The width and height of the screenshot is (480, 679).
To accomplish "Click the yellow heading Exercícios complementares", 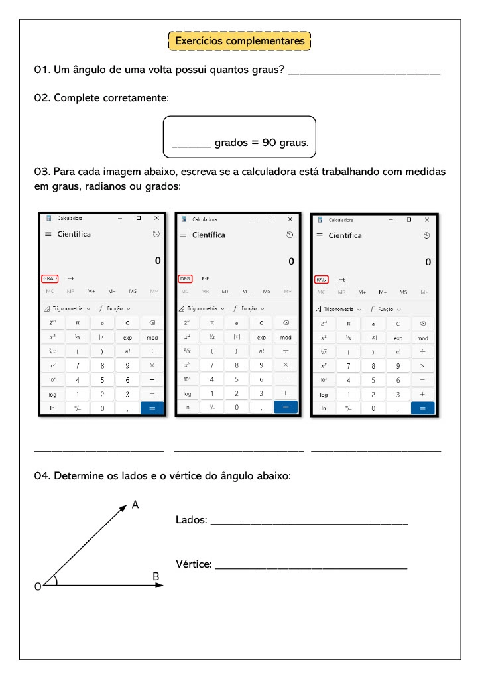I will pyautogui.click(x=239, y=41).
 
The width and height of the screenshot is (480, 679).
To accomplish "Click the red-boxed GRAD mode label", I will pyautogui.click(x=50, y=278).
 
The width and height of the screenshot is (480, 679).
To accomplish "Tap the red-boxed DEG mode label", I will pyautogui.click(x=186, y=279).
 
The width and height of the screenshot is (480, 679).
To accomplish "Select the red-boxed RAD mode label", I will pyautogui.click(x=322, y=280).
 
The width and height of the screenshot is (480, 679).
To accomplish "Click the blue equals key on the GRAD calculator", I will pyautogui.click(x=152, y=408).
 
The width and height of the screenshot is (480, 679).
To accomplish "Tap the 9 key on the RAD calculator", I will pyautogui.click(x=398, y=366).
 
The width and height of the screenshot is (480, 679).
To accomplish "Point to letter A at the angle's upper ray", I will pyautogui.click(x=135, y=505).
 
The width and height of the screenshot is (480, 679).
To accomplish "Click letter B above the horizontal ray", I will pyautogui.click(x=156, y=576).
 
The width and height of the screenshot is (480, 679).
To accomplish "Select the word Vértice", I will pyautogui.click(x=194, y=564).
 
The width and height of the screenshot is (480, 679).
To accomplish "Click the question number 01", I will pyautogui.click(x=41, y=70).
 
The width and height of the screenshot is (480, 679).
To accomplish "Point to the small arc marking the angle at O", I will pyautogui.click(x=56, y=580).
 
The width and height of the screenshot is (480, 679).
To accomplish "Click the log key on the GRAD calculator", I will pyautogui.click(x=52, y=394).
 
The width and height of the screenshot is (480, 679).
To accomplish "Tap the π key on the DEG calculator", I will pyautogui.click(x=212, y=323).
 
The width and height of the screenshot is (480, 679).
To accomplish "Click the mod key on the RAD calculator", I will pyautogui.click(x=422, y=338).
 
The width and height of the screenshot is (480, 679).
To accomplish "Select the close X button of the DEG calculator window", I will pyautogui.click(x=290, y=219).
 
